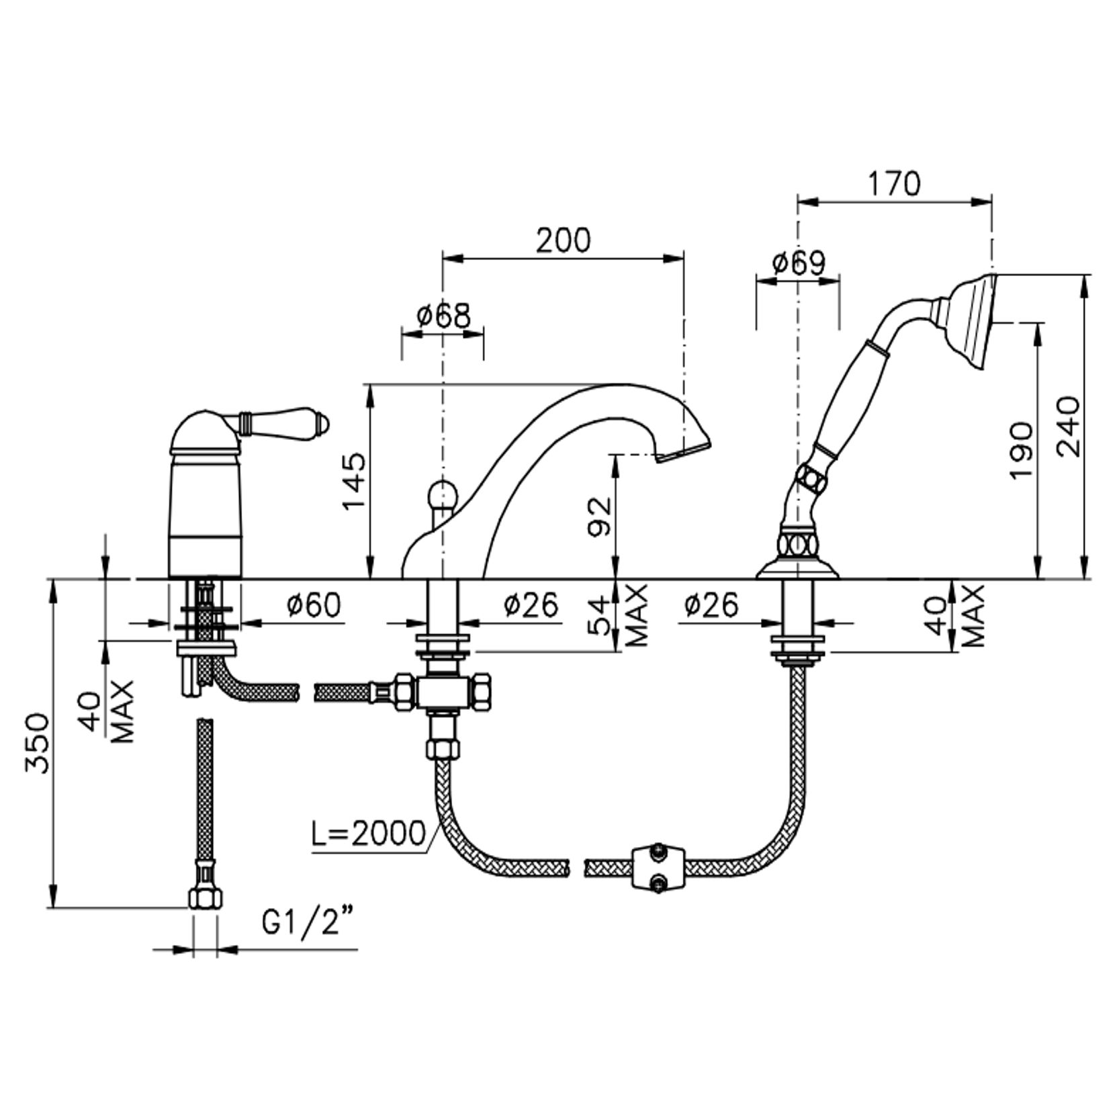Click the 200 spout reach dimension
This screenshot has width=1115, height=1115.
(x=563, y=240)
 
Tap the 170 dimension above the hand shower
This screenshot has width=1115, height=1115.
(x=893, y=183)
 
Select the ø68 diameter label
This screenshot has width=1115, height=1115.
(x=443, y=316)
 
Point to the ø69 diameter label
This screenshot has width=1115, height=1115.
(x=798, y=263)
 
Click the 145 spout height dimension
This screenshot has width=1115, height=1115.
(x=355, y=481)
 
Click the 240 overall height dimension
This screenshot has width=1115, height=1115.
(x=1067, y=427)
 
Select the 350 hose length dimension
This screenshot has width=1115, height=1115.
(x=38, y=743)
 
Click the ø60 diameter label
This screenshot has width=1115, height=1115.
(x=314, y=605)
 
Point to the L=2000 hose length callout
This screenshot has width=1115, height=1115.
(x=369, y=833)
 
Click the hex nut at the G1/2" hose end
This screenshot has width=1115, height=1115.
(x=204, y=897)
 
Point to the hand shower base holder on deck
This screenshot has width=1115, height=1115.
(x=797, y=564)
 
